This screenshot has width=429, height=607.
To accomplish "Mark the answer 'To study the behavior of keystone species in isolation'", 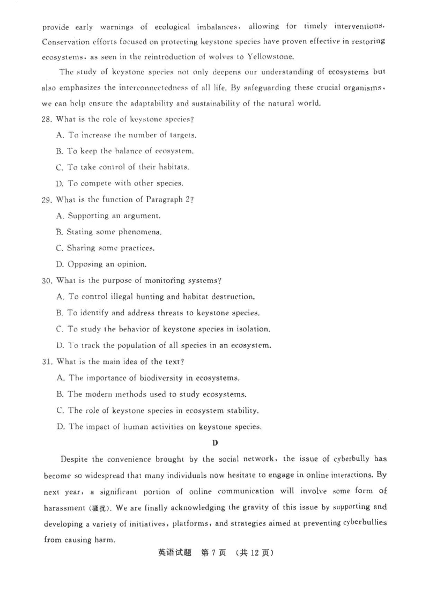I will pos(170,329).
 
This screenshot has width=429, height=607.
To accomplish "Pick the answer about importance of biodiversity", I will pos(155,377).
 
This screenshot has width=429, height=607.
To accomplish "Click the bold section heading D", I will pos(214,443).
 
